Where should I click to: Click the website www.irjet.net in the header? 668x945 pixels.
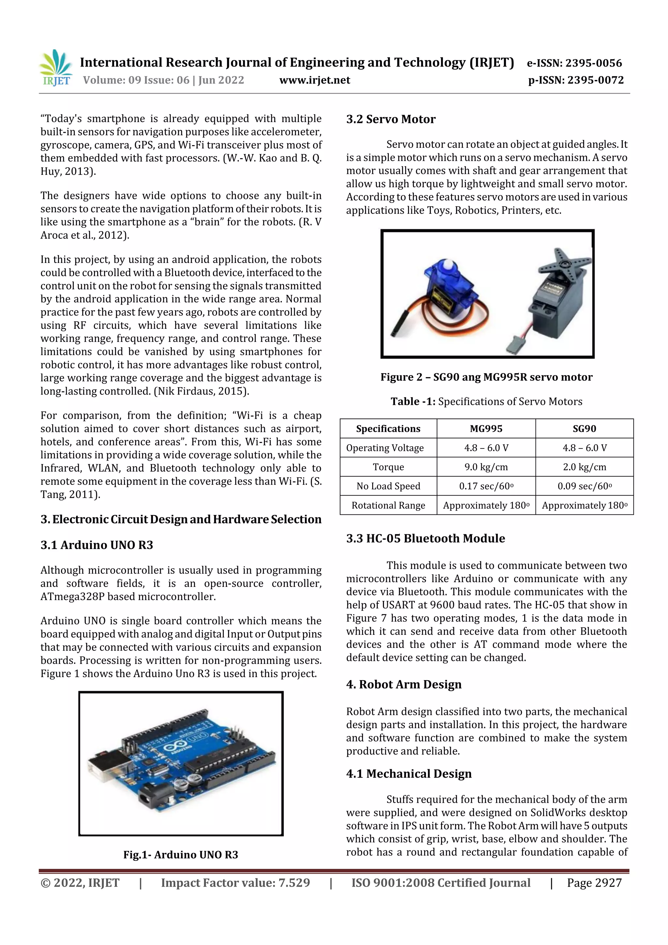click(314, 80)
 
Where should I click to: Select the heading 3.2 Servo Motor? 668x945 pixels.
click(391, 119)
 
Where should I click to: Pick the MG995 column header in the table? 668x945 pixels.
click(486, 428)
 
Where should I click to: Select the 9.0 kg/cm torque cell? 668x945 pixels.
click(486, 467)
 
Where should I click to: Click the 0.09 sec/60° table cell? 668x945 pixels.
click(584, 486)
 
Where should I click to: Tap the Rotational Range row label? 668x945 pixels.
click(388, 505)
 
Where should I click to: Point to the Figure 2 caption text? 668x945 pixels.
click(486, 377)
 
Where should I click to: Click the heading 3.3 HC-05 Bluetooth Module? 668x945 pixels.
click(425, 538)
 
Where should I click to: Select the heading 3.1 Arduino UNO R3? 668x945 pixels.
click(97, 545)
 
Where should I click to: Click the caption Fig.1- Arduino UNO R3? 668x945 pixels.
click(180, 855)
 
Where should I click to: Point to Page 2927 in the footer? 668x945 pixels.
click(594, 883)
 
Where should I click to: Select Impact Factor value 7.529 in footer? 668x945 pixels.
click(235, 883)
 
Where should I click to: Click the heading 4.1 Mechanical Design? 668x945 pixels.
click(408, 774)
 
